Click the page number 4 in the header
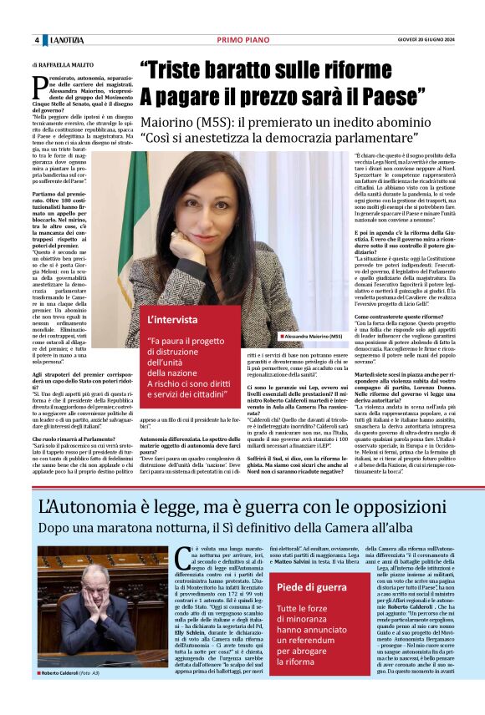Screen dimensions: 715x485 (37, 41)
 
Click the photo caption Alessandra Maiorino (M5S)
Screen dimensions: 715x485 (314, 335)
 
